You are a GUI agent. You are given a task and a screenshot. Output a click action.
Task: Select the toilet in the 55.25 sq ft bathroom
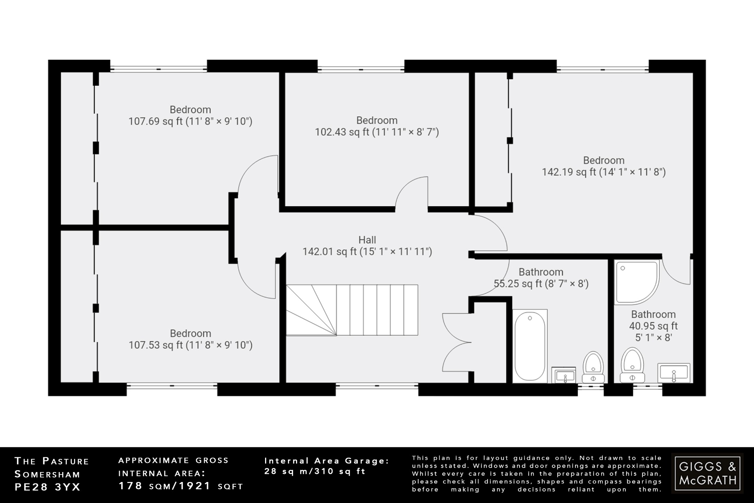(593, 367)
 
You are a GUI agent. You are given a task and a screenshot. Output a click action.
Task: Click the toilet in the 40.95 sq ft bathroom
(632, 365)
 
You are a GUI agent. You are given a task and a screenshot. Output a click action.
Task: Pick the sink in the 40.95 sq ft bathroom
(674, 373)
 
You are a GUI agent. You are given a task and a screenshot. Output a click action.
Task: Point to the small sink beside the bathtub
(564, 375)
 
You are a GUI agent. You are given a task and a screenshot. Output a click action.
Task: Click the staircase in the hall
(352, 310)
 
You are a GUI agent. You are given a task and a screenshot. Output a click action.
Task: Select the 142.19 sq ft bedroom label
(603, 166)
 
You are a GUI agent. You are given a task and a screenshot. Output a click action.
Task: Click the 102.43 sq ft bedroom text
(377, 126)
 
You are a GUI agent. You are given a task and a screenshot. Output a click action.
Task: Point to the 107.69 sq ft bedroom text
(190, 115)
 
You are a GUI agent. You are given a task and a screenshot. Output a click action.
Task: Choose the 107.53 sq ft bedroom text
(190, 339)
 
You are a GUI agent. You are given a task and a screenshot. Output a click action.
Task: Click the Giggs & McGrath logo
(707, 473)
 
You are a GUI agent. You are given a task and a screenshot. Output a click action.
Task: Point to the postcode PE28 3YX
(47, 487)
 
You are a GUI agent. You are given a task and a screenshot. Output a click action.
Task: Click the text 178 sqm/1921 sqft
(180, 486)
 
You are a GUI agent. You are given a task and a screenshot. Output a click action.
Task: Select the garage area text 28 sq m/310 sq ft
(315, 471)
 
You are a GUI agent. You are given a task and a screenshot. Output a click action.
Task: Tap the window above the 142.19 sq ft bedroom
(602, 69)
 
